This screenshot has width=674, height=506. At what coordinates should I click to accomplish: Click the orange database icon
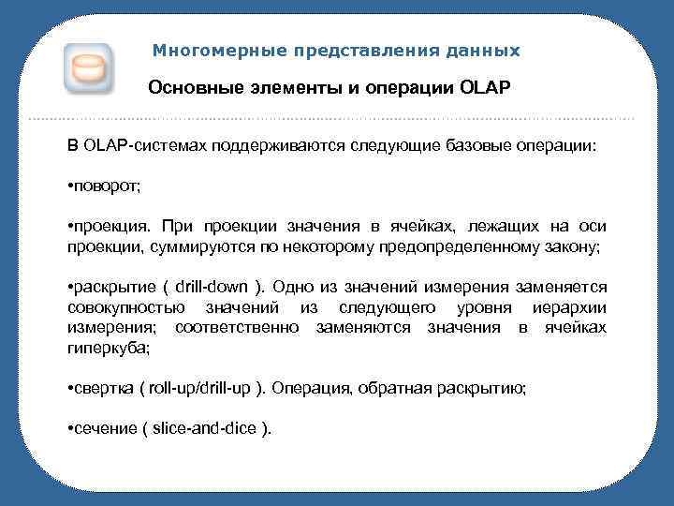pos(89,67)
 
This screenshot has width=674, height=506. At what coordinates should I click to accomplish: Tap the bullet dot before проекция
pos(72,227)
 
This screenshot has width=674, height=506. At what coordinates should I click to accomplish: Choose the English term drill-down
pos(216,287)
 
